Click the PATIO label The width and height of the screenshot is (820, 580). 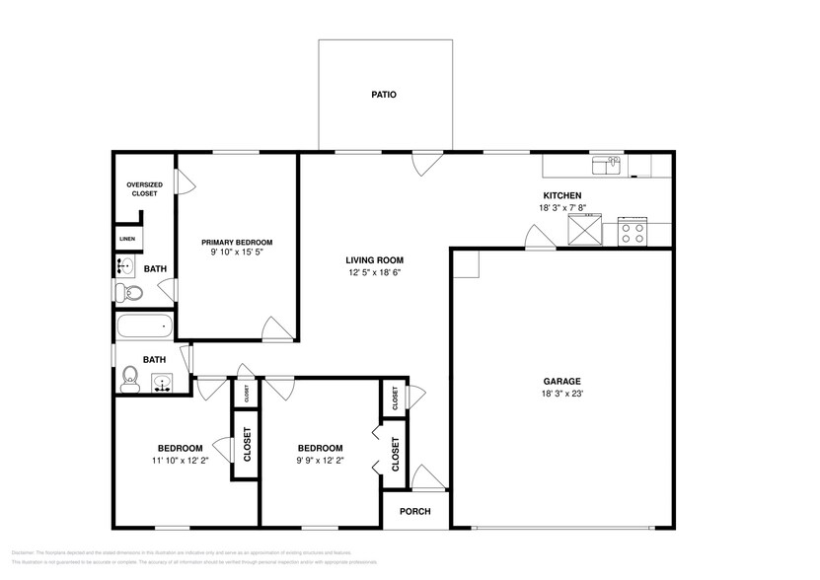click(384, 96)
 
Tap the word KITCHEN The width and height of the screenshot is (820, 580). click(561, 196)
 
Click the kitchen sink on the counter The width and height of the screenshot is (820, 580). click(606, 165)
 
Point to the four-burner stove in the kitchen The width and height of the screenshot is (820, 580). click(631, 232)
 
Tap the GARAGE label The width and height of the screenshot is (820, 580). click(561, 381)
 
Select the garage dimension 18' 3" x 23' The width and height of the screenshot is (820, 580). click(561, 394)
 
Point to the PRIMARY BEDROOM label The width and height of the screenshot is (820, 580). click(237, 242)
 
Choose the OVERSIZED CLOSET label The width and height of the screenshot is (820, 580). click(143, 188)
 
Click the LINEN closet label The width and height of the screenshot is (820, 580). click(127, 239)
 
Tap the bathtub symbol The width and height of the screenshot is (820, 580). click(145, 326)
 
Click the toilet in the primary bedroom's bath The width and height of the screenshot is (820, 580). click(128, 292)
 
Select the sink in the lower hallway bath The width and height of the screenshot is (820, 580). click(163, 383)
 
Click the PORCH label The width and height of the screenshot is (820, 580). click(414, 511)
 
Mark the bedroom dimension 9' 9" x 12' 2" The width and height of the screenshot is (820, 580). click(321, 460)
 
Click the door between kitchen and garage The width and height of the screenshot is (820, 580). click(538, 238)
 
